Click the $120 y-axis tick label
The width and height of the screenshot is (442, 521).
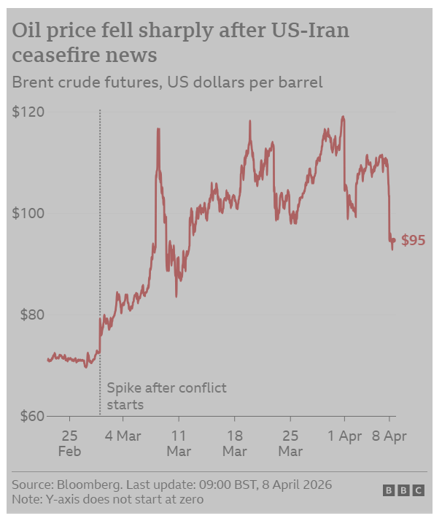pos(28,112)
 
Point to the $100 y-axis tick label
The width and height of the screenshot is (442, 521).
pos(28,214)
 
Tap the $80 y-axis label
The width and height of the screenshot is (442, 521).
pos(31,315)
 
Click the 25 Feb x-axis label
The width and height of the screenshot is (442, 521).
pos(69,443)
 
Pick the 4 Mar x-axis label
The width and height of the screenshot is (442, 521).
pos(123,436)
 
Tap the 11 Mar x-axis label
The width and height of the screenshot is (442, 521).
pos(179,443)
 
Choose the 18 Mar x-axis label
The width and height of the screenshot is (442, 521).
pos(234,443)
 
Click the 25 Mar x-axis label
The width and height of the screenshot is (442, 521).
pos(290,443)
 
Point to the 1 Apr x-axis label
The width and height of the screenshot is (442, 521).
pos(344,436)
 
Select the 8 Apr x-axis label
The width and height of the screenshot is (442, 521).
pos(390,436)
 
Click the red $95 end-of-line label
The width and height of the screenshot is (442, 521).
pos(413,241)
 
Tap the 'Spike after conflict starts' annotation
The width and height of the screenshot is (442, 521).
pos(166,395)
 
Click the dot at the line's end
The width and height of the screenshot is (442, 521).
pos(394,240)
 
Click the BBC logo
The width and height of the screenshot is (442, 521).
pos(403,491)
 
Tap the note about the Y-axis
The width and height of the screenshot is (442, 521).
pos(107,499)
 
